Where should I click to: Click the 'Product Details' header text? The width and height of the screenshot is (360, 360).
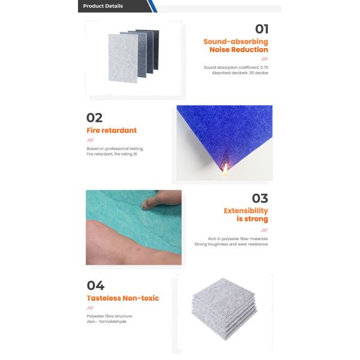pyautogui.click(x=103, y=6)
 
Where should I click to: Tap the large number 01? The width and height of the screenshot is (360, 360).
pyautogui.click(x=262, y=29)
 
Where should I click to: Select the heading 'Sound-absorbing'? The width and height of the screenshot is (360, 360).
pyautogui.click(x=236, y=41)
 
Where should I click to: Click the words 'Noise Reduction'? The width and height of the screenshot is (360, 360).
pyautogui.click(x=239, y=50)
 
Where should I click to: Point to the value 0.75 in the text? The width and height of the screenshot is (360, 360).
pyautogui.click(x=264, y=67)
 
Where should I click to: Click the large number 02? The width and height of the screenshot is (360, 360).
pyautogui.click(x=94, y=118)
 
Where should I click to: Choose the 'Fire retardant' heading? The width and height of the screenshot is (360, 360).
pyautogui.click(x=112, y=130)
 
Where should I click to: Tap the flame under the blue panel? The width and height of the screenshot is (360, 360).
pyautogui.click(x=225, y=169)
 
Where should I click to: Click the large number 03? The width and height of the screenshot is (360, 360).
pyautogui.click(x=260, y=199)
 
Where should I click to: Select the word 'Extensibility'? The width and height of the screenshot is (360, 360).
pyautogui.click(x=246, y=211)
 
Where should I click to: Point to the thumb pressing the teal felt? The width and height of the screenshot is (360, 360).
pyautogui.click(x=161, y=199)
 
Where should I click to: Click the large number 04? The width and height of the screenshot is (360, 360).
pyautogui.click(x=95, y=286)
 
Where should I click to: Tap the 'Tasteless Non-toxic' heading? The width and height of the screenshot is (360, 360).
pyautogui.click(x=123, y=298)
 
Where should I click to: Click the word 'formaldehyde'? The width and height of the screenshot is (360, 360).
pyautogui.click(x=113, y=322)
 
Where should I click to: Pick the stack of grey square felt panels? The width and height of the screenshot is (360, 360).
pyautogui.click(x=224, y=309)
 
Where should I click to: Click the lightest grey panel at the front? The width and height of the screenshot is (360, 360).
pyautogui.click(x=123, y=58)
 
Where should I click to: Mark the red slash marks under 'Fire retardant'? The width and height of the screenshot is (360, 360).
pyautogui.click(x=90, y=140)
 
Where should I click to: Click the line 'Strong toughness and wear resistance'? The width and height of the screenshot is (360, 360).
pyautogui.click(x=231, y=244)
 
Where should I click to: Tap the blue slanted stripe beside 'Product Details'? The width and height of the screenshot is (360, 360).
pyautogui.click(x=152, y=6)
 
